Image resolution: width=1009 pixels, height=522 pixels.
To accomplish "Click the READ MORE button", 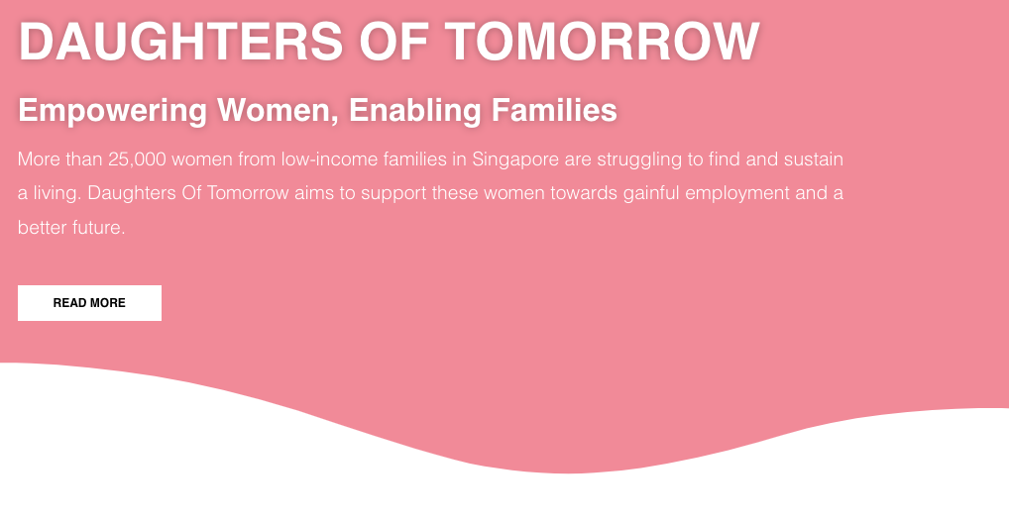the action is pos(89,303).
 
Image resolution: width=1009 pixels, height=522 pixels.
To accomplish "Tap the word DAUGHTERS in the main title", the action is pos(180,42).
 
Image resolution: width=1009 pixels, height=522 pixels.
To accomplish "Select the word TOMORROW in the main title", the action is pos(603,42).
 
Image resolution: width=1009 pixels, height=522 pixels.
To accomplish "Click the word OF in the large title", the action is pos(393,42).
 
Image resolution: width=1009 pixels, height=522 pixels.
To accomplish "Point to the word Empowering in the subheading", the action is pos(113,111).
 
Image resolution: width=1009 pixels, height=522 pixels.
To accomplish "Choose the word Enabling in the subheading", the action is pos(415,111).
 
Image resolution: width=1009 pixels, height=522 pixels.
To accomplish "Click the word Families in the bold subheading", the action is pos(554,110).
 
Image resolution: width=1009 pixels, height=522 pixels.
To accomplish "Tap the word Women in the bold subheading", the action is pos(278,111).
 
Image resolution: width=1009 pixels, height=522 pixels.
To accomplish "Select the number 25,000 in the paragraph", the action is pos(137,159).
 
